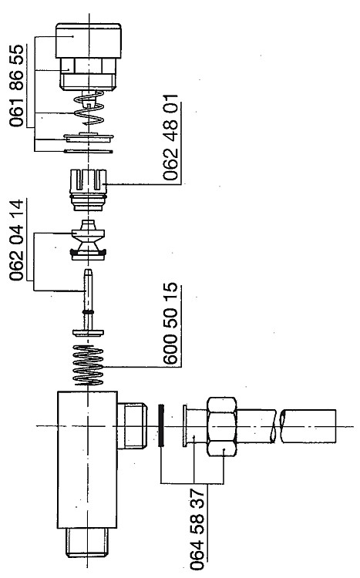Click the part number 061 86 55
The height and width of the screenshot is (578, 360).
(x=17, y=86)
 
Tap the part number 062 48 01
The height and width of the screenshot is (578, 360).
(x=170, y=137)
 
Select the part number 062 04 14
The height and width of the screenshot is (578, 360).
(x=17, y=240)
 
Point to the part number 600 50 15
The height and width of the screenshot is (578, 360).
(x=170, y=324)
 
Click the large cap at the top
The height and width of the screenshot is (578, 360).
(x=89, y=41)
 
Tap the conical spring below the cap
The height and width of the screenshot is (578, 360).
(x=89, y=107)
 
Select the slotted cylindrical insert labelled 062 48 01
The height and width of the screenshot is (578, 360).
(x=89, y=190)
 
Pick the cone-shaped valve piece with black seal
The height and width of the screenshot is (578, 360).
(x=89, y=240)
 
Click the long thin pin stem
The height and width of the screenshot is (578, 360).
(x=88, y=302)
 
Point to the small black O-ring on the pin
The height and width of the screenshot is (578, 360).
(x=88, y=312)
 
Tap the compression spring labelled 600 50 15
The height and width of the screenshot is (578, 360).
(x=89, y=365)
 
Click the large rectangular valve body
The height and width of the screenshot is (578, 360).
(x=87, y=459)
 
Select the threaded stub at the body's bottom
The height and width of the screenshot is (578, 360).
(x=88, y=542)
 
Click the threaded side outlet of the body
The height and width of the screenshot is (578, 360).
(x=133, y=426)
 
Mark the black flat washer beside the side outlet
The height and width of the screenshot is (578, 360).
(x=161, y=425)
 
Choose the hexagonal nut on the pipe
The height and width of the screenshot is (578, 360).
(x=222, y=426)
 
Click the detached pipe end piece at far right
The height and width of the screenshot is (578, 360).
(x=308, y=426)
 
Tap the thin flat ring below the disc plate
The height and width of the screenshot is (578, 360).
(x=89, y=151)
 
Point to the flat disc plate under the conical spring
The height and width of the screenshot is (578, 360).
(x=89, y=137)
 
